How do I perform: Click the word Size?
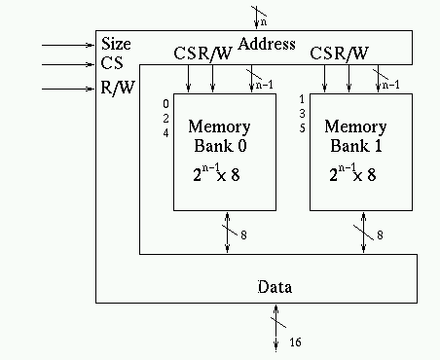coord(117,44)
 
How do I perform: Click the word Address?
coord(266,44)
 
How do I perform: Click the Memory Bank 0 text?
coord(218,137)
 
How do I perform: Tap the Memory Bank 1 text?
coord(354,137)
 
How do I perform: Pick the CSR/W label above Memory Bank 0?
coord(202,54)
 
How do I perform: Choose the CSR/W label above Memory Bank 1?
coord(339,54)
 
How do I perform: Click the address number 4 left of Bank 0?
coord(165,131)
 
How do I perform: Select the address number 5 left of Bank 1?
coord(303,127)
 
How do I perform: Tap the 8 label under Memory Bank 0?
coord(244,236)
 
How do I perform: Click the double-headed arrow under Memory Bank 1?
coord(364,234)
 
